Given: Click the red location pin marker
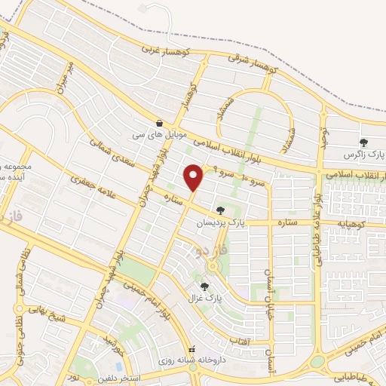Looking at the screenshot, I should pyautogui.click(x=194, y=177).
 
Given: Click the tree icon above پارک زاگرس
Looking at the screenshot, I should pyautogui.click(x=364, y=142).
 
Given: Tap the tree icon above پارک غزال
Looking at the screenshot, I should pyautogui.click(x=204, y=285).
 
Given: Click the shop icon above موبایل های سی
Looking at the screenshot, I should pyautogui.click(x=160, y=123).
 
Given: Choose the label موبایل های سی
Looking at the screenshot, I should pyautogui.click(x=148, y=135).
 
